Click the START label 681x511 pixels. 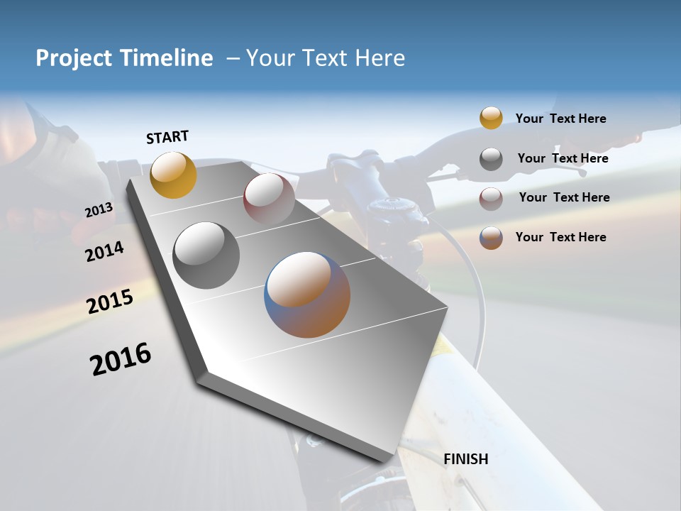(x=167, y=137)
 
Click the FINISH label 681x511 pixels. (x=465, y=459)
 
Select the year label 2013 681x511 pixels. (x=99, y=209)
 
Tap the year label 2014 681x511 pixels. (x=104, y=251)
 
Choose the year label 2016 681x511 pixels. (x=121, y=359)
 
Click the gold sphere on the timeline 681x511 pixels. (x=173, y=175)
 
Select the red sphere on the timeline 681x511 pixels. (x=269, y=198)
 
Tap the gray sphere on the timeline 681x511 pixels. (x=206, y=255)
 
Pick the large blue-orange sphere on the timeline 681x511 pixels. (x=307, y=295)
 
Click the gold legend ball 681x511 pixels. (x=491, y=119)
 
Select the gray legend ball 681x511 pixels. (x=491, y=159)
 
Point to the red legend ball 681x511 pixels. (x=491, y=199)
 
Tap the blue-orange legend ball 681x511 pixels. (x=491, y=238)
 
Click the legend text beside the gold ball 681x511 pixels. (x=560, y=119)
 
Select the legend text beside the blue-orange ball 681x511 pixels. (x=560, y=237)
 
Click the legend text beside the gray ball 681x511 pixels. (x=563, y=158)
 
